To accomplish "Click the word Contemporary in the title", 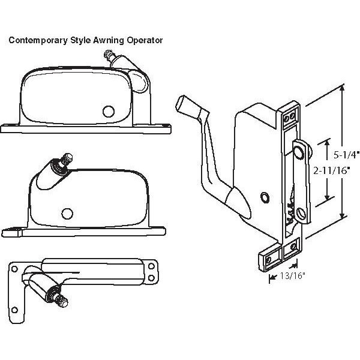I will tap(34, 41).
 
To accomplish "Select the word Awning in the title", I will tap(104, 41).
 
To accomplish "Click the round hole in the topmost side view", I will tap(109, 111).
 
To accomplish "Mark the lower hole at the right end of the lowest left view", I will tap(148, 278).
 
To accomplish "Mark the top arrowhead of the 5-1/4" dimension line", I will tap(343, 88).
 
